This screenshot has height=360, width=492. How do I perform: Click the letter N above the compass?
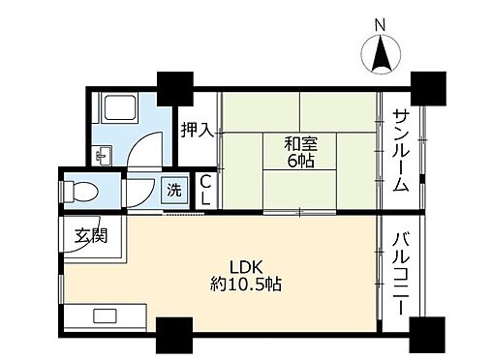[380, 23]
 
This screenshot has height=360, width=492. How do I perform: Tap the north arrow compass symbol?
[381, 51]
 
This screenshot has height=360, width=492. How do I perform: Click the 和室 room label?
[297, 144]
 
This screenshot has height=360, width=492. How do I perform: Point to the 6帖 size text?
[297, 162]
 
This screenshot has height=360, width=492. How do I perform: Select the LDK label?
[241, 266]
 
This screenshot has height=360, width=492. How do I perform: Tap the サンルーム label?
[402, 150]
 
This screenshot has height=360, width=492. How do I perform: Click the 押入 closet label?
[199, 129]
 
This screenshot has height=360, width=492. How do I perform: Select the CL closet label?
[205, 189]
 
